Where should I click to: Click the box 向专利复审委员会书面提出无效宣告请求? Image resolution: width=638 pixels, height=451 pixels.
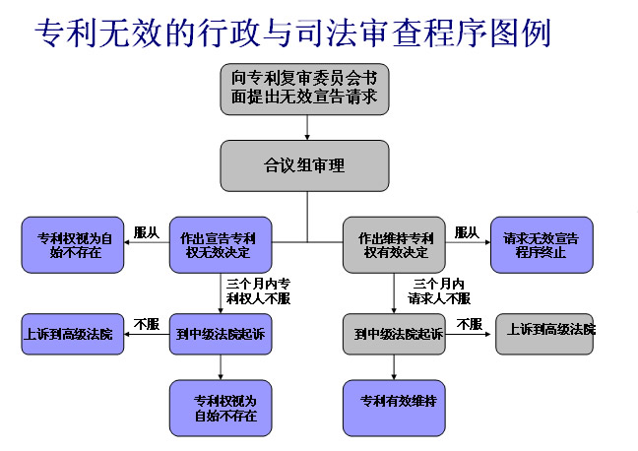coord(305,86)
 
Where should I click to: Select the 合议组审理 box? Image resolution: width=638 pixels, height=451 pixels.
coord(305,164)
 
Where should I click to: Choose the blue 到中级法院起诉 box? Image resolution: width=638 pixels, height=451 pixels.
coord(220,334)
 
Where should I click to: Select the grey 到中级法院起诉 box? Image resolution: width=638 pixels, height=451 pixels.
coord(394,335)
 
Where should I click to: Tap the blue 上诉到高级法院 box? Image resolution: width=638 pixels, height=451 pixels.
coord(68,334)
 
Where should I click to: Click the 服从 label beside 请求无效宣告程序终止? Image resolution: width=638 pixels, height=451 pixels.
coord(467,232)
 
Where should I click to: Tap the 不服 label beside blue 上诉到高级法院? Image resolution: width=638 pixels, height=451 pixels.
coord(146,323)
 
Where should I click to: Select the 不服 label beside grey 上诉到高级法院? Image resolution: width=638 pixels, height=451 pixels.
coord(469,323)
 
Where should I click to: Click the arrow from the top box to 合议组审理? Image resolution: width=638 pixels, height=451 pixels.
coord(308,125)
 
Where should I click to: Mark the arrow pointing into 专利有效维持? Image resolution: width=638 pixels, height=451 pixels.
coord(394,367)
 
